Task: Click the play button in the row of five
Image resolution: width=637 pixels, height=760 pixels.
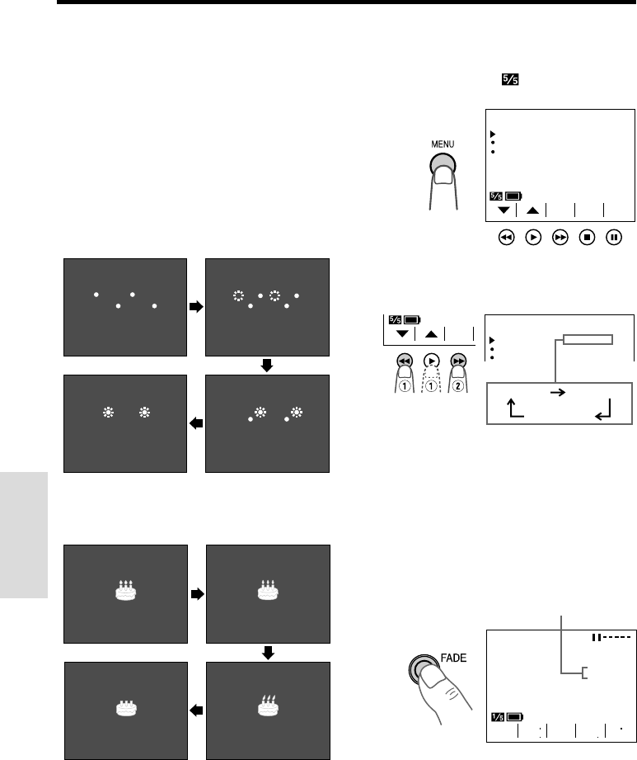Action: [x=534, y=237]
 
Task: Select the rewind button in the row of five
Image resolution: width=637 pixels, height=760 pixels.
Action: [x=506, y=237]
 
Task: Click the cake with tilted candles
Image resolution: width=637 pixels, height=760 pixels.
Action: [x=267, y=705]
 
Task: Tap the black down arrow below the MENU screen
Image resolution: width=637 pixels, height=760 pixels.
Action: [x=502, y=210]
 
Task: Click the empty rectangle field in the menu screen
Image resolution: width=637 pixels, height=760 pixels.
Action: [x=588, y=338]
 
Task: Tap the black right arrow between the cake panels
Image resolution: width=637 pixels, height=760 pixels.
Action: [x=195, y=593]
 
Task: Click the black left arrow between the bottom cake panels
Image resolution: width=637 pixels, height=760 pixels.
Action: [x=195, y=710]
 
